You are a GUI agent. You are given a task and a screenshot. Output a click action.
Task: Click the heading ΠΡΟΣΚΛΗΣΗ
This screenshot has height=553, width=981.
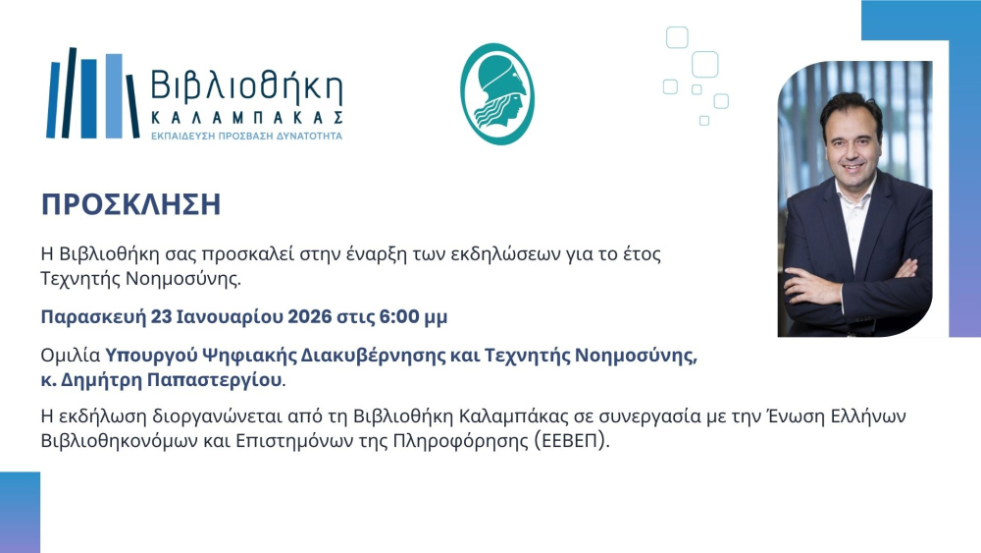pos(130,204)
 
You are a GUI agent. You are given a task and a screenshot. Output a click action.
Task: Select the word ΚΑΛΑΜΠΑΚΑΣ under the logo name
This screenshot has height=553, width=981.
pos(246,118)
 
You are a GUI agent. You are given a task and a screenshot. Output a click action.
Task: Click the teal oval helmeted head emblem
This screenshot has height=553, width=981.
pos(497,94)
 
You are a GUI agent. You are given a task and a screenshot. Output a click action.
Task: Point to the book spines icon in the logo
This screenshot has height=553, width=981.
pos(92,93)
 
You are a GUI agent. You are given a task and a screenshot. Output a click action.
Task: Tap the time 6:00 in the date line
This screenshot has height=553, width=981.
pos(399,317)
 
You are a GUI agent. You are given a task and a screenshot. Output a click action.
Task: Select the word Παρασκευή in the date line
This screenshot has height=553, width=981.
pos(93,317)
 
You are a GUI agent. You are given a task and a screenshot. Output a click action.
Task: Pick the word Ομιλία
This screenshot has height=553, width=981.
pos(71,356)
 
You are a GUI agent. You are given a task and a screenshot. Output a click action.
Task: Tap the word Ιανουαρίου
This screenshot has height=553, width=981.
pos(226,317)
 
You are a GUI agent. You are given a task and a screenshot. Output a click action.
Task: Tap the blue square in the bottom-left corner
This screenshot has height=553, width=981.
pos(20,513)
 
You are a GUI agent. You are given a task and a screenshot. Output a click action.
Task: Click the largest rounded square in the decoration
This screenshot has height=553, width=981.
pos(705,64)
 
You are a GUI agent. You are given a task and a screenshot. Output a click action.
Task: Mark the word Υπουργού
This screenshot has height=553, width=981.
pos(150,357)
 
